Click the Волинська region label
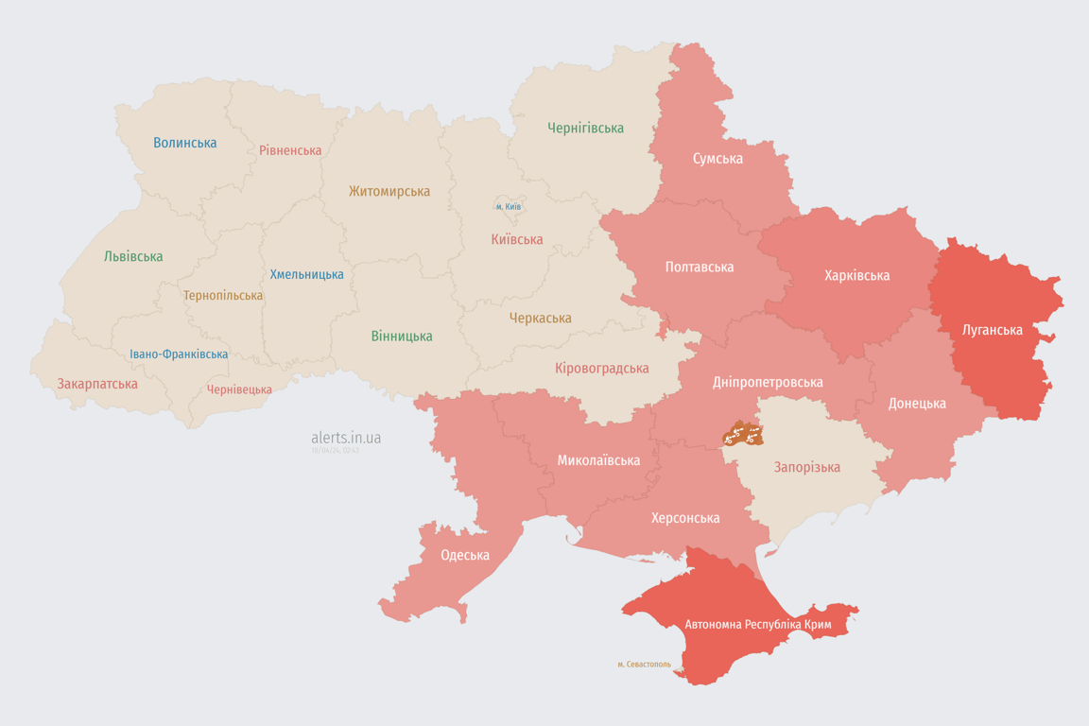185,143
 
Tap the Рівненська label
290,150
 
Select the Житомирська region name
389,191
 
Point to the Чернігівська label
585,128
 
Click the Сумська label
717,158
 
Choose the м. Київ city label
509,206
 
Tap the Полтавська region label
700,267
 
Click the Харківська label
856,275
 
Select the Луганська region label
992,330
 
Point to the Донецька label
916,403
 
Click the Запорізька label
806,467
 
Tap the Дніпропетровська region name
768,382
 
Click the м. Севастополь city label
644,665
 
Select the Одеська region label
465,555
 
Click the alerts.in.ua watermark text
346,438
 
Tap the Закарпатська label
97,384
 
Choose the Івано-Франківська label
179,354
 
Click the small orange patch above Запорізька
743,434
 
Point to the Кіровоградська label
601,368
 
